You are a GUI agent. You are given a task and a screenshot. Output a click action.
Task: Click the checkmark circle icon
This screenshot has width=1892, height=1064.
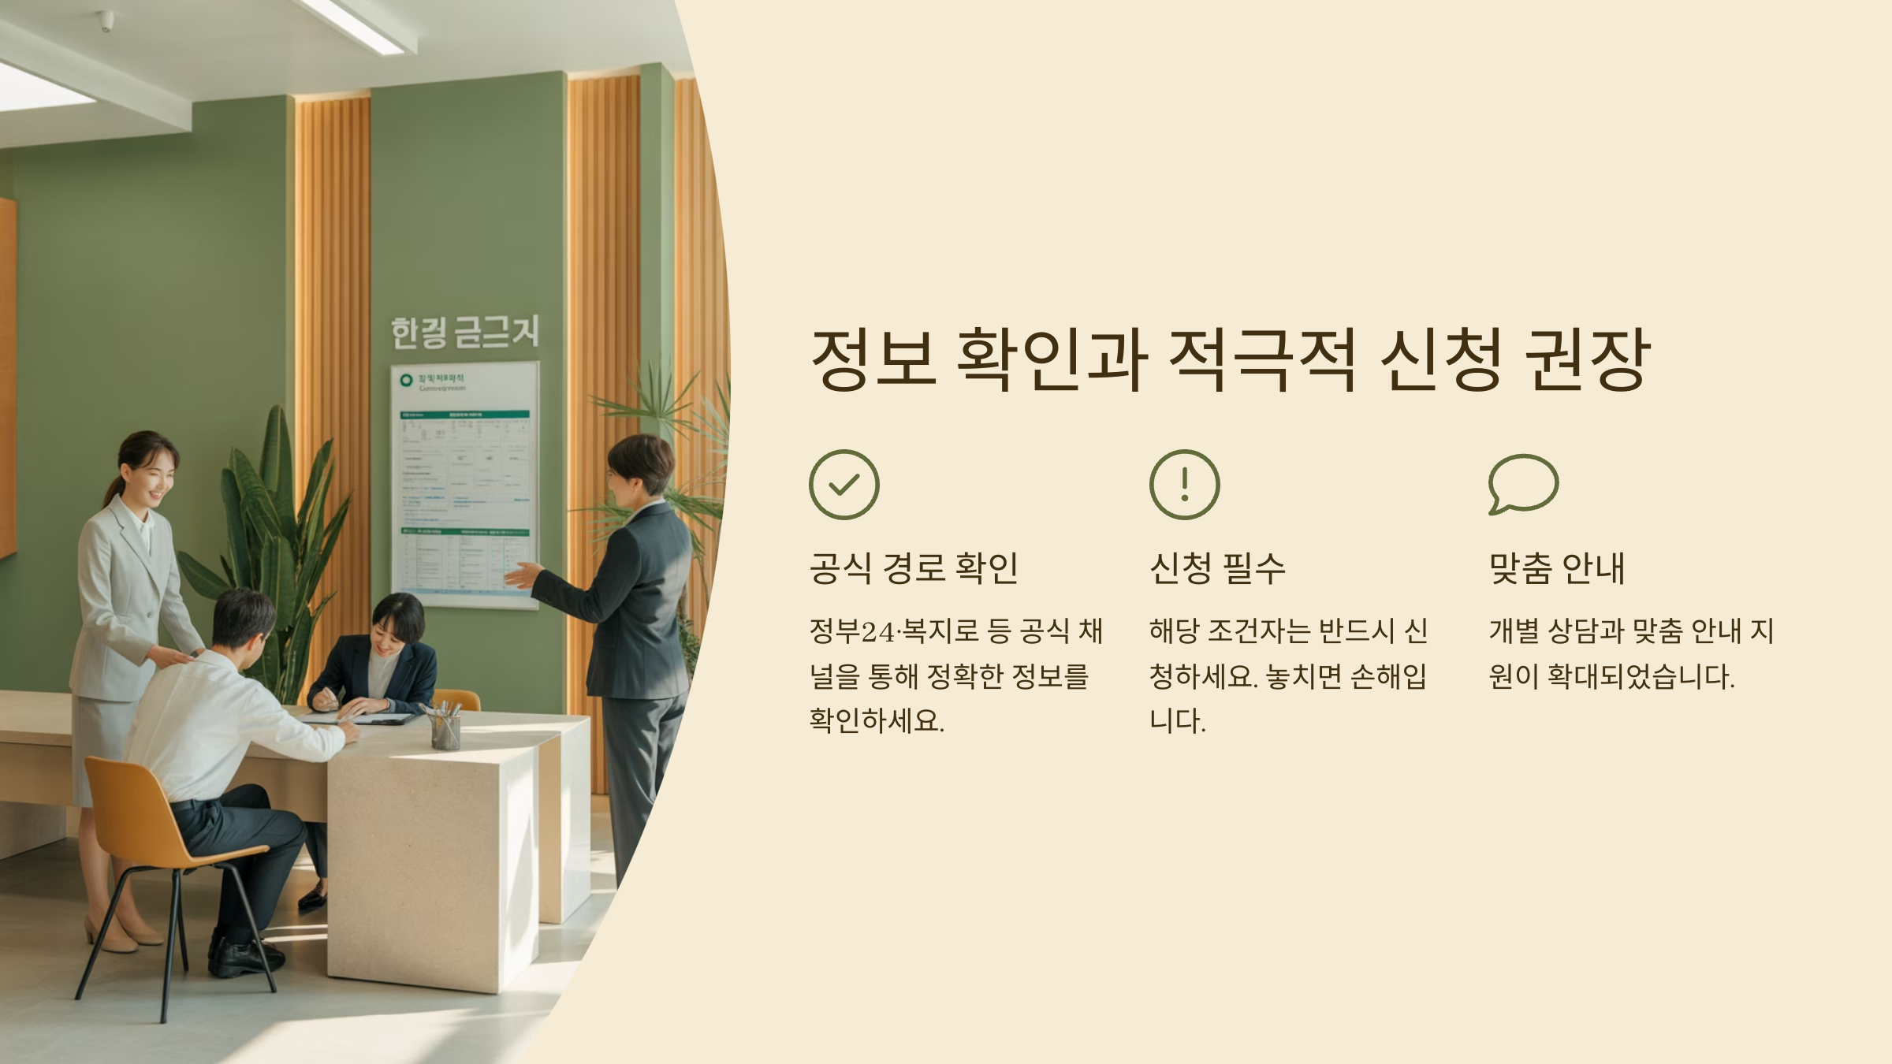coord(844,484)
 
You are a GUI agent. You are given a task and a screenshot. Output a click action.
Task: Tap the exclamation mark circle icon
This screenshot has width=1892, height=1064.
coord(1184,484)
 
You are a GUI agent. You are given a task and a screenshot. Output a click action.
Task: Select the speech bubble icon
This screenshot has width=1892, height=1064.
coord(1523,483)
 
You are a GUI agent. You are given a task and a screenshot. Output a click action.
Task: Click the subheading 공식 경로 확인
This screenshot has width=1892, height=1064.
coord(914,567)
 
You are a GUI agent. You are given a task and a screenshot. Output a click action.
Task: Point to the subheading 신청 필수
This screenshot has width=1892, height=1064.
coord(1217,567)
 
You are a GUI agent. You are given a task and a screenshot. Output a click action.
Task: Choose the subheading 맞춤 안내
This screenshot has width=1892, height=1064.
coord(1557,567)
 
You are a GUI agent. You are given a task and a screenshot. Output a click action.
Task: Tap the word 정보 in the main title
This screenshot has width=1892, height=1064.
coord(874,359)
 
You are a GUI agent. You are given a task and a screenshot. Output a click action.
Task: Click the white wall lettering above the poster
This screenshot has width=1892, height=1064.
coord(465,332)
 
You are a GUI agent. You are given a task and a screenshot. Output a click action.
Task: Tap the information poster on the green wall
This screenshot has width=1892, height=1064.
coord(465,485)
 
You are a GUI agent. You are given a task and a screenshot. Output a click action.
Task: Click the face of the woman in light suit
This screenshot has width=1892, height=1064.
coord(151,473)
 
